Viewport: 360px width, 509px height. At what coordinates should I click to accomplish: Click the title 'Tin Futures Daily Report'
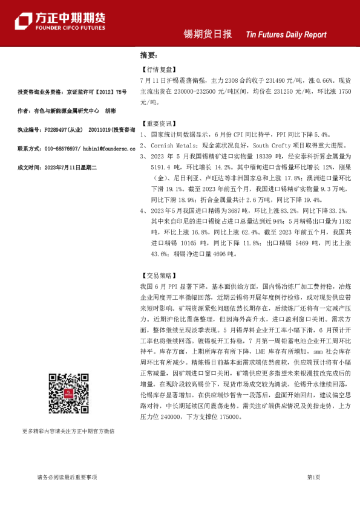tap(286, 34)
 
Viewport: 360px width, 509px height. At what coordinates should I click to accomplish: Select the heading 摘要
tap(148, 56)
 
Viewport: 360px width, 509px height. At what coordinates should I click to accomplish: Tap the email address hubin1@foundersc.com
tap(90, 148)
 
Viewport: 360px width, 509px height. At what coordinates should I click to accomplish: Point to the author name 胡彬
tap(111, 111)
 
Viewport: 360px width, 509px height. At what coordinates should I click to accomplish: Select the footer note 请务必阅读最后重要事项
tap(67, 478)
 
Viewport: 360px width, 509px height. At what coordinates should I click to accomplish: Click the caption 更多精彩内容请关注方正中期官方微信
tap(68, 431)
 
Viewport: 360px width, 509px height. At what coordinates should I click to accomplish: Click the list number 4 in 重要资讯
tap(142, 210)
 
